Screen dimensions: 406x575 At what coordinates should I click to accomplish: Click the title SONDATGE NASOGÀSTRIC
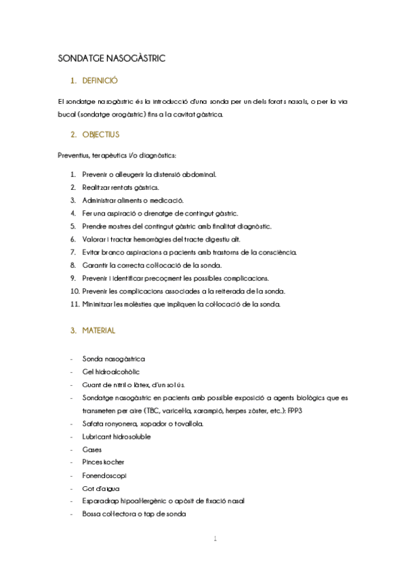[112, 59]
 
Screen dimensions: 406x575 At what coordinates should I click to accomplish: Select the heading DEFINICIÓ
[100, 81]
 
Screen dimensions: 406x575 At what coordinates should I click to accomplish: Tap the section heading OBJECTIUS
[100, 134]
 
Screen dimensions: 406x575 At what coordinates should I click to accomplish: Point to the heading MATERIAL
[99, 331]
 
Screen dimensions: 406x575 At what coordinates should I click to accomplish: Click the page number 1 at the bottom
[215, 539]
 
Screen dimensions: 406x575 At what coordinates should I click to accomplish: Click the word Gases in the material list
[92, 449]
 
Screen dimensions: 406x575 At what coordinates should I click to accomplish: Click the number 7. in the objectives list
[74, 252]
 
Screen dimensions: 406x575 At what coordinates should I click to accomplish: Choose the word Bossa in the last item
[92, 513]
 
